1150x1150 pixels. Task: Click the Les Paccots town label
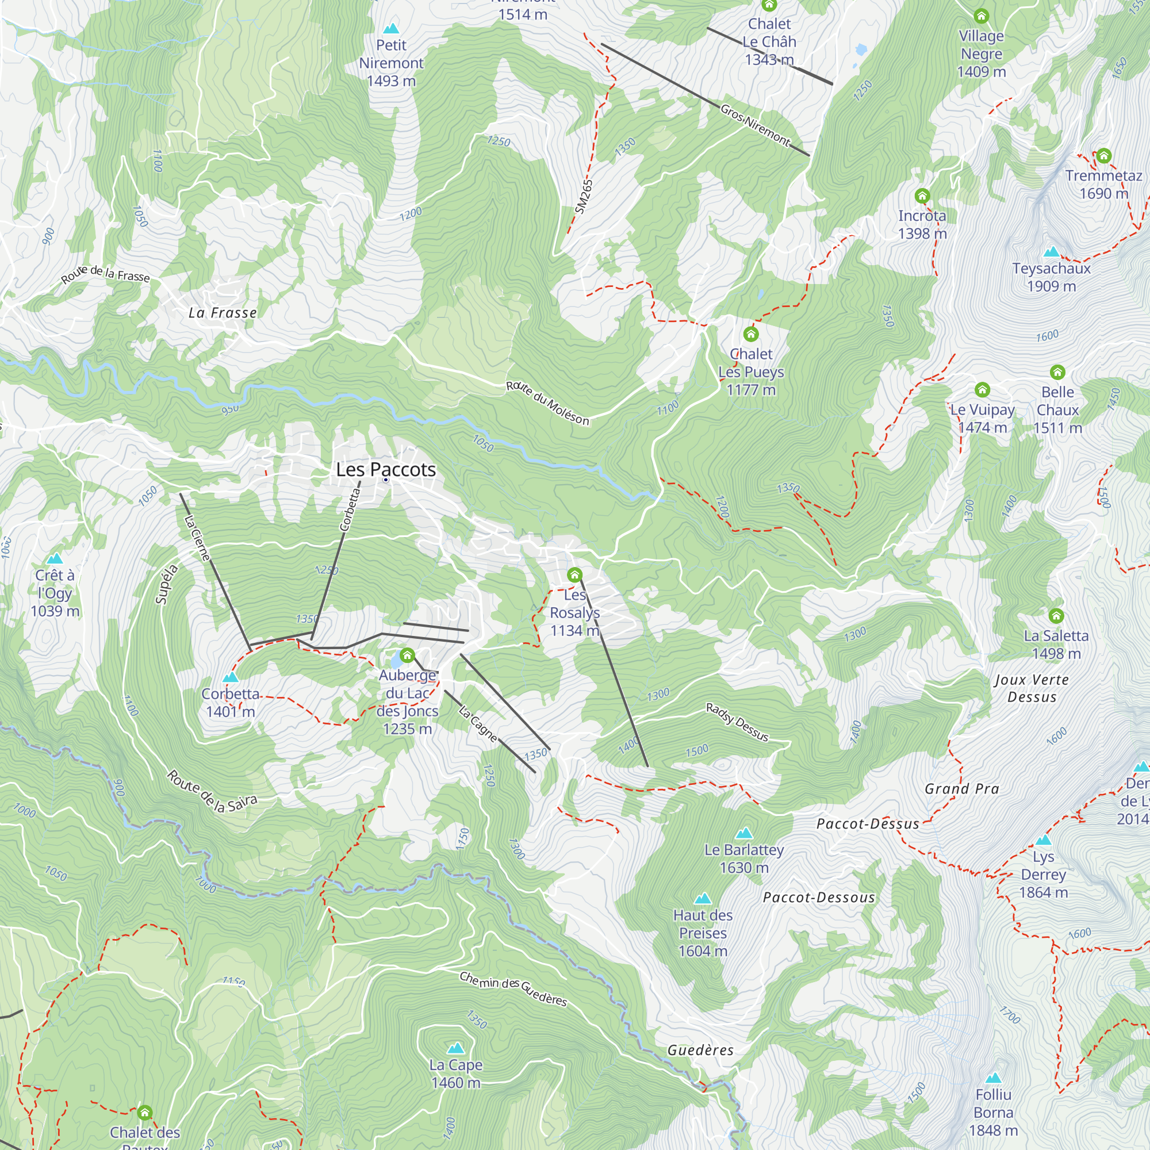(x=386, y=470)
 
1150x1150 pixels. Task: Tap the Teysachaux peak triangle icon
(x=1052, y=252)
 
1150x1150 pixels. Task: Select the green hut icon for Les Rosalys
(x=574, y=575)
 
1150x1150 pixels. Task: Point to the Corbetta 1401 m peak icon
(x=231, y=677)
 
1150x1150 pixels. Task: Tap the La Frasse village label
(x=223, y=313)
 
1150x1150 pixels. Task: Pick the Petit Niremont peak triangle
(x=391, y=29)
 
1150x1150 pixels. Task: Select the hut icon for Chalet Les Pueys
(x=750, y=334)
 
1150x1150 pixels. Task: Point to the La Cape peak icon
(x=455, y=1048)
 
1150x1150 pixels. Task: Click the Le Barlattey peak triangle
(x=744, y=833)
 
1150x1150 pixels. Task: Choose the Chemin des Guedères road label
(x=513, y=988)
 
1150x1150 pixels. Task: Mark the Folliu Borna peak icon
(x=993, y=1078)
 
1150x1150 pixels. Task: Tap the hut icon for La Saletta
(x=1056, y=615)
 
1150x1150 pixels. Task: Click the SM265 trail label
(x=584, y=196)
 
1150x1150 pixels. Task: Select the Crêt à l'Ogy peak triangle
(x=55, y=558)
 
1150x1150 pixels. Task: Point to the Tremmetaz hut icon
(x=1103, y=156)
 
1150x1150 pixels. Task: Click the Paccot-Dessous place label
(x=818, y=898)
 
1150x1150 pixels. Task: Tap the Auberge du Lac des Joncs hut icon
(x=407, y=655)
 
